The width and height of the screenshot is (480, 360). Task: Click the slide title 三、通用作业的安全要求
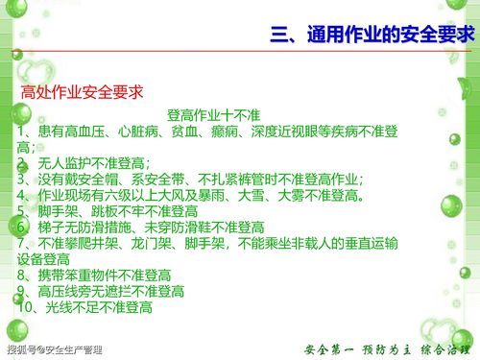point(372,36)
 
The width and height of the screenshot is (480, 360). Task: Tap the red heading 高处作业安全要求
point(82,93)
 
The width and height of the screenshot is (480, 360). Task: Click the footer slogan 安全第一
point(329,348)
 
